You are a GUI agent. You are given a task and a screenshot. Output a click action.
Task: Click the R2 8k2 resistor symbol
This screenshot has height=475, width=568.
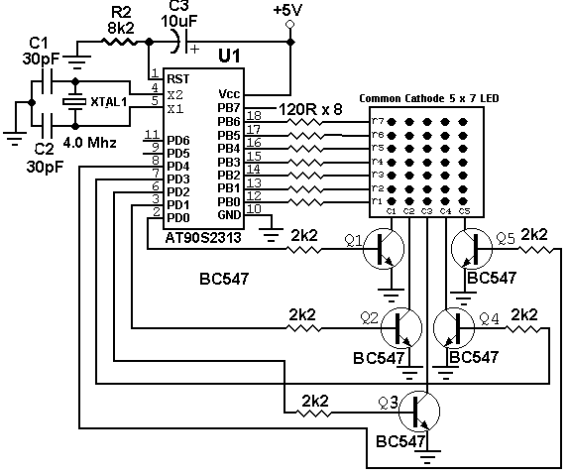click(120, 42)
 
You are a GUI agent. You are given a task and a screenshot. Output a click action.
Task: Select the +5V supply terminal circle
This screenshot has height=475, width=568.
click(289, 24)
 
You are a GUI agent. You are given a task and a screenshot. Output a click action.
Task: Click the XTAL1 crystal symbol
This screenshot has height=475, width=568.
click(74, 102)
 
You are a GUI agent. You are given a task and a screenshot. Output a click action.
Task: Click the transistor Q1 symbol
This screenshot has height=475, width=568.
click(384, 249)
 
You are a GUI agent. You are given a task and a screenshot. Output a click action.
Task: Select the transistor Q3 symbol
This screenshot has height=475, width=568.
click(419, 412)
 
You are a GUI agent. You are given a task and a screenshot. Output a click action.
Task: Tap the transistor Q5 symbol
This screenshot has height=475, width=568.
click(472, 249)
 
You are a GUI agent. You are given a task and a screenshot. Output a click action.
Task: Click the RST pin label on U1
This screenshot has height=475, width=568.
click(177, 79)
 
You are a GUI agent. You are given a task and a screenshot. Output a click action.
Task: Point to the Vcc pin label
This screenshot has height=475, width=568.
click(229, 94)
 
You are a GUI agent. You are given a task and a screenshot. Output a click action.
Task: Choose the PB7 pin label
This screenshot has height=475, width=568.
click(229, 108)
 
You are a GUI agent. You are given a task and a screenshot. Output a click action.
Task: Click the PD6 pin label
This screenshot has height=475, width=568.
click(178, 140)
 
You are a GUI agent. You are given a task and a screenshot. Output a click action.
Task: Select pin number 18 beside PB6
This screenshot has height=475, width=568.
click(254, 115)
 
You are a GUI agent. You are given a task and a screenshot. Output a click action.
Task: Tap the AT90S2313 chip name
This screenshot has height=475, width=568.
click(203, 238)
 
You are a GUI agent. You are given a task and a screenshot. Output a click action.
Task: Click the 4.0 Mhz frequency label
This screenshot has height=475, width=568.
click(90, 143)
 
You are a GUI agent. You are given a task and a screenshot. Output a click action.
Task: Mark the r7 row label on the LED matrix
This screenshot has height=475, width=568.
click(378, 121)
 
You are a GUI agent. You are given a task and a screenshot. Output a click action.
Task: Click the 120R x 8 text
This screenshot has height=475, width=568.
click(310, 109)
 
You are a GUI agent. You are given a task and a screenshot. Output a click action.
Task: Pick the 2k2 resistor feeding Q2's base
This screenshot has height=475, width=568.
click(303, 328)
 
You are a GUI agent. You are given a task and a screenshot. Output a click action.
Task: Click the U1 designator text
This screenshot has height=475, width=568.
click(229, 56)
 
